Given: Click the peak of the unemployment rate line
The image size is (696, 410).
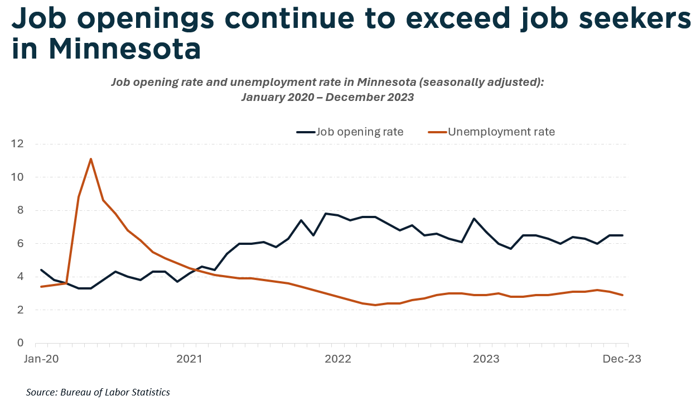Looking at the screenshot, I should pos(91,159).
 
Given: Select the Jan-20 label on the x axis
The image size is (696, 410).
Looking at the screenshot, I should pos(41,359).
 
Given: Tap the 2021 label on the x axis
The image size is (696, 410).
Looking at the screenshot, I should pos(190,359).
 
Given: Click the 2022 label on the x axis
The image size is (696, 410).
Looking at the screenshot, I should pos(337,359).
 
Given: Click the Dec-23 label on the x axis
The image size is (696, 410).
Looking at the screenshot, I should pos(622,359).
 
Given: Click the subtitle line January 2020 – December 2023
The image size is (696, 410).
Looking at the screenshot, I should pos(327,97).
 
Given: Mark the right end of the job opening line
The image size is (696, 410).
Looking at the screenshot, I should pos(622,235).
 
